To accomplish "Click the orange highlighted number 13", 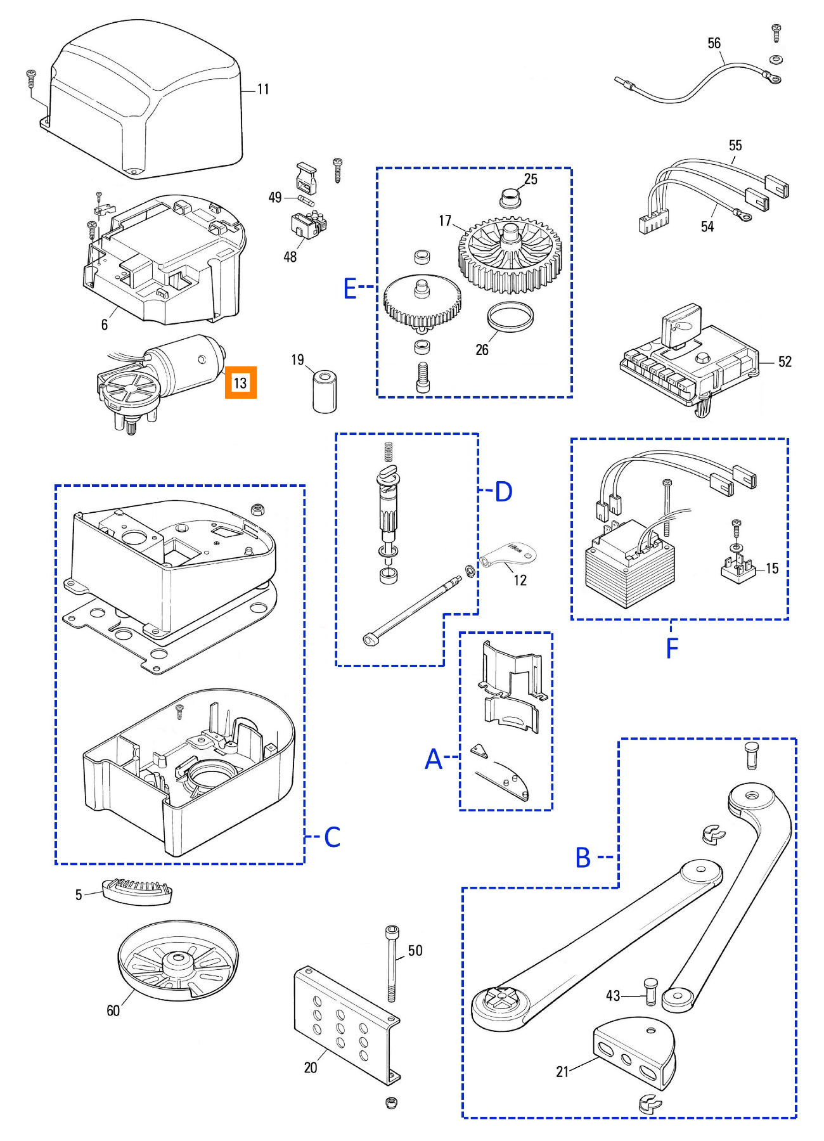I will point(240,383).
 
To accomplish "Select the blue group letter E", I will point(350,288).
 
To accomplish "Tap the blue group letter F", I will point(673,648).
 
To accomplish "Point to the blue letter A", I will point(434,759).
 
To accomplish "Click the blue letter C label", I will point(332,837).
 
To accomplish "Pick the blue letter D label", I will point(503,491).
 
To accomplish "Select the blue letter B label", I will point(583,858).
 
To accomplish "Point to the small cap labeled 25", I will point(510,197).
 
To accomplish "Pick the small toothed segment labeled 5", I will point(137,891).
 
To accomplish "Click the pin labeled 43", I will point(650,991).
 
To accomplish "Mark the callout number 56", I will point(714,43).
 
